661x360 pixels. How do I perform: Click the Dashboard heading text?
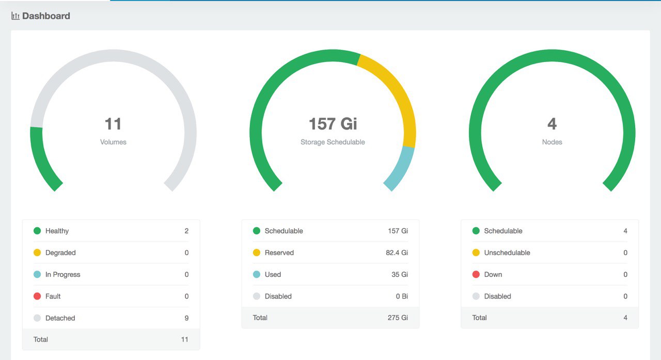coord(46,16)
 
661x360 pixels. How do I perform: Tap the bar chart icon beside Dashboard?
coord(15,16)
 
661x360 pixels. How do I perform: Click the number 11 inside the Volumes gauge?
coord(113,124)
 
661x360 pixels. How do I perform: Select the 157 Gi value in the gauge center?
coord(333,124)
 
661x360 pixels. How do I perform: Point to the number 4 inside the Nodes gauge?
coord(552,124)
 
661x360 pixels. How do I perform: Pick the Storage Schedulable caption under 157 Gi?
coord(333,142)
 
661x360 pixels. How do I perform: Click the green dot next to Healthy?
coord(37,231)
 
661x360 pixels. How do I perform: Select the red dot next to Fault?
coord(37,296)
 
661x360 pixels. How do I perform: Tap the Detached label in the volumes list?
coord(60,318)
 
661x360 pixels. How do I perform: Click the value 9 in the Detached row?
coord(186,318)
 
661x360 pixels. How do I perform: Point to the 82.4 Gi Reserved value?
coord(397,253)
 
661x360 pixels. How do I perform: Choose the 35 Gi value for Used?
coord(400,274)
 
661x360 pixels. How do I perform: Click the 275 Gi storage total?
coord(398,318)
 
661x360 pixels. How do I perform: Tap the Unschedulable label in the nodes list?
coord(507,253)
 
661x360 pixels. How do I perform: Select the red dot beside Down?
coord(476,274)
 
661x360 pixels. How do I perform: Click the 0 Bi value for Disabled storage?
coord(402,296)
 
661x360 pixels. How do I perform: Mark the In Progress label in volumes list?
coord(63,274)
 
